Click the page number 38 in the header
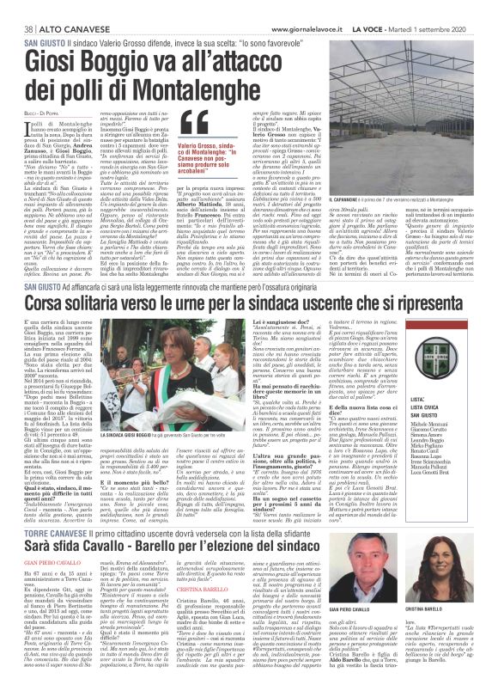point(15,8)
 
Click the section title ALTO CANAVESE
point(56,8)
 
